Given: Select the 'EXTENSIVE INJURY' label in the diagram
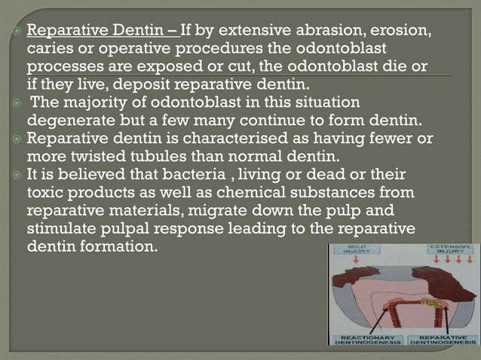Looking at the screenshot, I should (x=451, y=250).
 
